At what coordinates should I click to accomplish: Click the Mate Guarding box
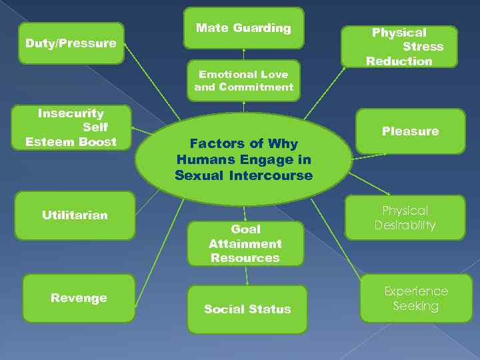243,28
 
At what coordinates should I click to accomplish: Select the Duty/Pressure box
71,43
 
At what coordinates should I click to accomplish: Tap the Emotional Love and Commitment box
243,81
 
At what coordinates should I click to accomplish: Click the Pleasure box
410,131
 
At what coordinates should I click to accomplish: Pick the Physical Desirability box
405,217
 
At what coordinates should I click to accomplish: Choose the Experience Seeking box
415,298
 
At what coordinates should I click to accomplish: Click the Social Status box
247,309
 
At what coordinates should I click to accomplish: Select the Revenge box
79,298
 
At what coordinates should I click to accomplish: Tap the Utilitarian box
75,215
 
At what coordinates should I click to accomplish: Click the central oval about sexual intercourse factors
243,160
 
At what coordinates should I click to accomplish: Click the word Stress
423,47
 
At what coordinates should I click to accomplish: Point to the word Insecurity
71,113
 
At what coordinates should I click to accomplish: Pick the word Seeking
415,306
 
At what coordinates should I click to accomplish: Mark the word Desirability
405,225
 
